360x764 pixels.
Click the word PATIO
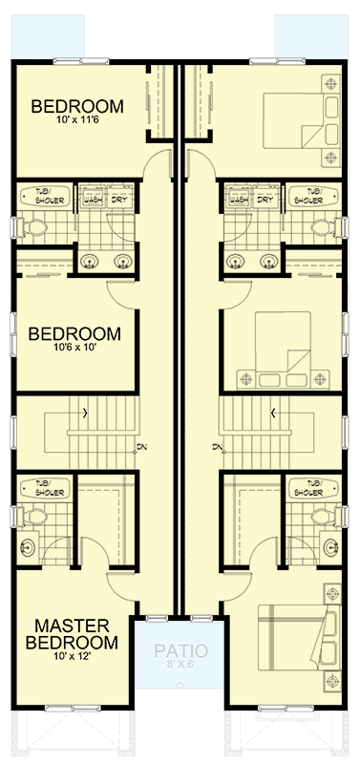point(180,651)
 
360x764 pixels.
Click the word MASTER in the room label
point(76,626)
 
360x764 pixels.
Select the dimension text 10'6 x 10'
point(74,350)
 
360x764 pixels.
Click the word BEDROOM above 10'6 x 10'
point(74,334)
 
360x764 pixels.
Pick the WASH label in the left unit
point(93,200)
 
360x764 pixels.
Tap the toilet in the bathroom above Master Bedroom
point(35,517)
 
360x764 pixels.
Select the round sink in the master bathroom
point(29,547)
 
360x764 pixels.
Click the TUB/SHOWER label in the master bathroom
point(43,486)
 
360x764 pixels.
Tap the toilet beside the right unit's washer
point(322,227)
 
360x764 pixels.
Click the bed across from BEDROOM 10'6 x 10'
point(286,350)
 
